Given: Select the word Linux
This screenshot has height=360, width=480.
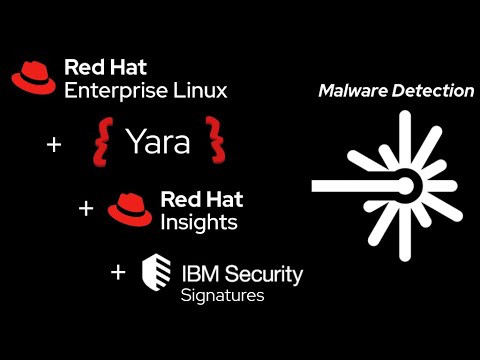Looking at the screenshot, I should pos(200,91).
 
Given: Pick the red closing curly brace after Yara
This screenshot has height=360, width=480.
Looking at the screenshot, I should pos(214,140).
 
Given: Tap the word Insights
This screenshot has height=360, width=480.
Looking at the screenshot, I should pos(199,222).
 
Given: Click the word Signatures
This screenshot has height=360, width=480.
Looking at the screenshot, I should pos(222,296).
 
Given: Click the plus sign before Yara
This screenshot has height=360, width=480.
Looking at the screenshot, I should pos(54,144).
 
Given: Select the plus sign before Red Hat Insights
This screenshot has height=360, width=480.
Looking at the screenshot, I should pos(86,209).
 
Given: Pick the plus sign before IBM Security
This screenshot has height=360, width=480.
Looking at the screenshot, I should pos(119,271).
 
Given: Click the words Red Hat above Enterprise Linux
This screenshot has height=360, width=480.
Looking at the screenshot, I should pos(106,68).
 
